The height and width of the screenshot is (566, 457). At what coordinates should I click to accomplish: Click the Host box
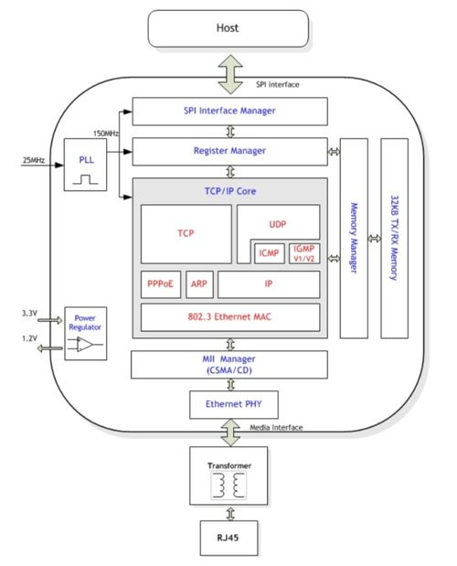coord(228,28)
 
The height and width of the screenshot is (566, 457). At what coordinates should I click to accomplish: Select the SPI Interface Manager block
coord(229,112)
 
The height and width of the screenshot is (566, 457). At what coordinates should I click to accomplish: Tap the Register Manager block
coord(229,152)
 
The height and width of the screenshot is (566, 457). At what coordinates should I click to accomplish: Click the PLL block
coord(86,165)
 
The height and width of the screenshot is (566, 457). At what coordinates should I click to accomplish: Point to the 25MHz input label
coord(34,160)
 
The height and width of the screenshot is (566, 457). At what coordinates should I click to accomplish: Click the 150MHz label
coord(106,133)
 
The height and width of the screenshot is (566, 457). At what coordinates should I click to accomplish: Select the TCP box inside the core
coord(186,234)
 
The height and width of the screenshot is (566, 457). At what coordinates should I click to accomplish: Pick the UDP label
coord(277,225)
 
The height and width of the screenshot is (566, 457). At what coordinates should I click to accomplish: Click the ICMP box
coord(270,253)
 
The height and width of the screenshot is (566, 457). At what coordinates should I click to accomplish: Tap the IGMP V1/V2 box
coord(304,253)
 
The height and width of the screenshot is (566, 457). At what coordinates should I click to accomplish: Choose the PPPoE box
coord(161,284)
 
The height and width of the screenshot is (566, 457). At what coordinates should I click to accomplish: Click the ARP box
coord(199,284)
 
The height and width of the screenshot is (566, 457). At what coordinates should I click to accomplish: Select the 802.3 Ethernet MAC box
coord(230,317)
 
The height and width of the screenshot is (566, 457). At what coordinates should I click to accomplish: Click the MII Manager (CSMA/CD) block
coord(229,365)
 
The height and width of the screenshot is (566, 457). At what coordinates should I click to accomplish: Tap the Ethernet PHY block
coord(234,405)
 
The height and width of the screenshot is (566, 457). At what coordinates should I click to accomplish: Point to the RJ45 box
coord(228,538)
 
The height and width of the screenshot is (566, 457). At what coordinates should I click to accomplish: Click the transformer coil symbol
coord(228,486)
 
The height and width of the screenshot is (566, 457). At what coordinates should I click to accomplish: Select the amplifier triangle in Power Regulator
coord(84,345)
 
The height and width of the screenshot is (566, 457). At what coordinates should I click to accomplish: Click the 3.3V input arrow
coord(49,320)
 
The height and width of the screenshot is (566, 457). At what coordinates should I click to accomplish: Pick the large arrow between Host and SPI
coord(230,74)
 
